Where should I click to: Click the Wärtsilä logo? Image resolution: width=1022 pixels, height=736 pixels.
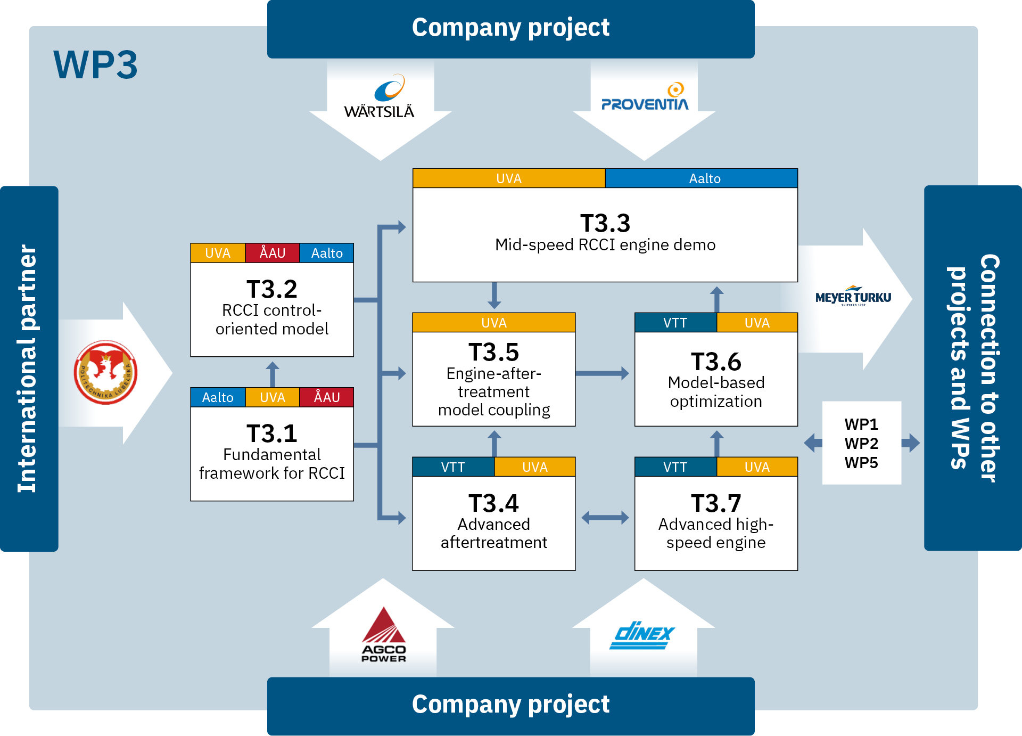(x=380, y=97)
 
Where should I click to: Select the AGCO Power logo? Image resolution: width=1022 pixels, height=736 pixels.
(x=383, y=635)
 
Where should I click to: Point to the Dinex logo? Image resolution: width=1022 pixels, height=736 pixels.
(x=642, y=635)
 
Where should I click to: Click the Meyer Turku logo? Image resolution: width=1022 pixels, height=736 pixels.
(x=853, y=297)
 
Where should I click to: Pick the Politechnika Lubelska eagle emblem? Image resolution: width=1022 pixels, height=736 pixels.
(x=105, y=372)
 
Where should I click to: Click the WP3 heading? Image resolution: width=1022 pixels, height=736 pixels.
(x=96, y=65)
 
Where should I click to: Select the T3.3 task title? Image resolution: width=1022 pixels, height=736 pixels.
(x=605, y=223)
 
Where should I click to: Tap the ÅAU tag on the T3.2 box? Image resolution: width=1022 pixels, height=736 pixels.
(x=272, y=253)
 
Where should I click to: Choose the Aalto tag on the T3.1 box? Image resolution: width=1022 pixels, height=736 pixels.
(x=218, y=397)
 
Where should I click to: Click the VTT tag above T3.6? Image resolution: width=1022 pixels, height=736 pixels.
(x=675, y=323)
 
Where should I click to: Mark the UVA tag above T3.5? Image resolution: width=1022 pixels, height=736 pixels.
(x=493, y=323)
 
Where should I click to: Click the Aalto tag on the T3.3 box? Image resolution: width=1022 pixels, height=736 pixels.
(x=704, y=178)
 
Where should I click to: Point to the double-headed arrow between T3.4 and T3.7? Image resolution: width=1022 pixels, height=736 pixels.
(x=605, y=517)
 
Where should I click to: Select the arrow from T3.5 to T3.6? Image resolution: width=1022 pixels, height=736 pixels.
(x=602, y=373)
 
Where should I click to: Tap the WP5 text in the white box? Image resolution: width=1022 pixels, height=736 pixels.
(x=861, y=462)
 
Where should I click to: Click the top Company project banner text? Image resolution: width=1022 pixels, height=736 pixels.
(x=510, y=28)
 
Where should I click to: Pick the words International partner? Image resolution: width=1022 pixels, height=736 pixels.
(x=28, y=368)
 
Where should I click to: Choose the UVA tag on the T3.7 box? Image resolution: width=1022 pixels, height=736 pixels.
(x=756, y=467)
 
